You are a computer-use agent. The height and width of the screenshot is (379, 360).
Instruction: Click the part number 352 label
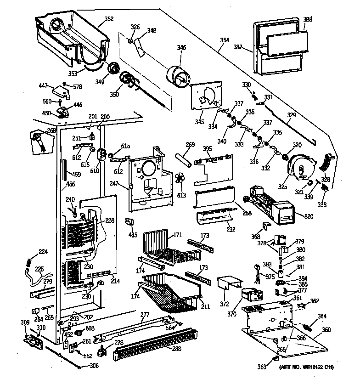pos(109,19)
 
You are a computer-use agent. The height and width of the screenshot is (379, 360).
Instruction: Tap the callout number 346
pos(181,47)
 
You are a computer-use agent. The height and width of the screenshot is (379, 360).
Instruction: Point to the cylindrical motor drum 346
pos(178,76)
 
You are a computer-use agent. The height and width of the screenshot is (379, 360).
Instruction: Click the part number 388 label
pos(308,19)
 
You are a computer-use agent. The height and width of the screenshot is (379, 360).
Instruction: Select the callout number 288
pos(177,349)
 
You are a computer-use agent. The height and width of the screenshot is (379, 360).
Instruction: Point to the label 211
pos(205,306)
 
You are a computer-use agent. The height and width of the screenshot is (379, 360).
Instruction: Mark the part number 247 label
pos(113,183)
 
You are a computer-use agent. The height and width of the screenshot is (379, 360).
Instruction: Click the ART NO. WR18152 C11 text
pos(306,368)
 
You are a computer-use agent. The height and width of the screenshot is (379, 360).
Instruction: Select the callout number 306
pos(94,366)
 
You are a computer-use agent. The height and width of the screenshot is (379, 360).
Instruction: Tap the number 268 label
pos(51,130)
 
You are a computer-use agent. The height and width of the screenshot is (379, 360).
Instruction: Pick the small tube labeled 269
pos(183,160)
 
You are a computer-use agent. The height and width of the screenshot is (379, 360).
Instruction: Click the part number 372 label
pos(224,304)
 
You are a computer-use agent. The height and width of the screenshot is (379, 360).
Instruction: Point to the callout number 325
pos(282,187)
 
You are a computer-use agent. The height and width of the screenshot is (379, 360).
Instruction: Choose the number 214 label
pos(115,281)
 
